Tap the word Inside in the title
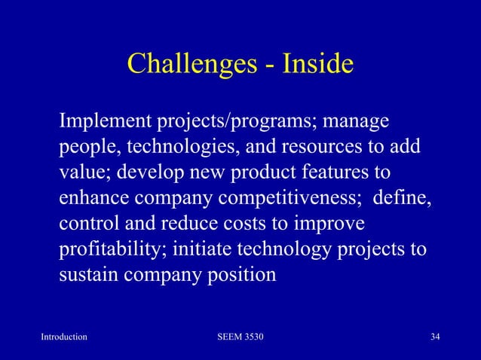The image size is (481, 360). [317, 65]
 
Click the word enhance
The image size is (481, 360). [91, 198]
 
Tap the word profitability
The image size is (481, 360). [110, 249]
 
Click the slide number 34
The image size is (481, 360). [434, 336]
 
